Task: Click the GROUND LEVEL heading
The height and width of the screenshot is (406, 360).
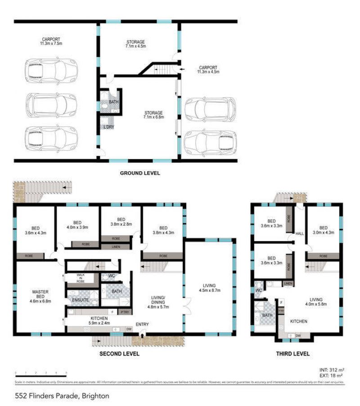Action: pos(140,173)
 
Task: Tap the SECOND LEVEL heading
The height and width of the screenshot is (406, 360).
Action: pos(119,354)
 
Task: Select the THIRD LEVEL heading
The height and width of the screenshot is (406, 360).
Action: pos(293,354)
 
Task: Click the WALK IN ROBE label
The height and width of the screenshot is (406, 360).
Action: pos(81,277)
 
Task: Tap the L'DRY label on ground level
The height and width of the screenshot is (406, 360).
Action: pos(108,127)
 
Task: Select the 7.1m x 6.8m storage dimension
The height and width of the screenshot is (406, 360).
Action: pos(153,117)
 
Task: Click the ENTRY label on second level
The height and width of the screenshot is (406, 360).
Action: pos(142,325)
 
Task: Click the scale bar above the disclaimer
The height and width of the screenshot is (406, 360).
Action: pos(40,373)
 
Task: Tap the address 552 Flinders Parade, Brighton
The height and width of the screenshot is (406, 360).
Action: pos(55,396)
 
